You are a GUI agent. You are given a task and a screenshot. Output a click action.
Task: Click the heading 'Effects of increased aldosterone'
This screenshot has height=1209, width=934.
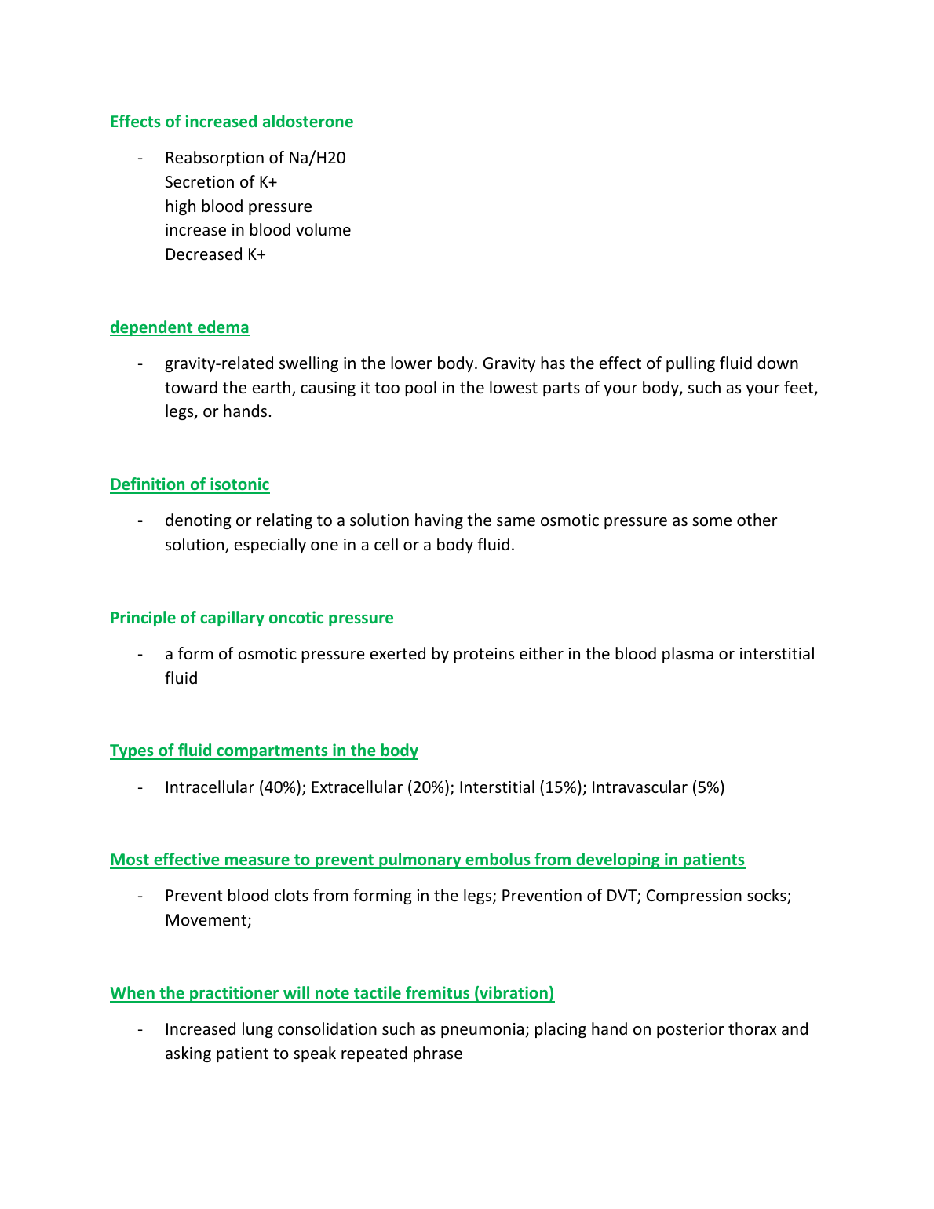232,122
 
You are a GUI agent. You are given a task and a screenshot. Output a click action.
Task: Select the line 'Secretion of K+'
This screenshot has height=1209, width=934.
221,182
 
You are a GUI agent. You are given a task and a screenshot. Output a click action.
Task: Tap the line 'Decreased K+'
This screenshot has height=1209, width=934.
215,254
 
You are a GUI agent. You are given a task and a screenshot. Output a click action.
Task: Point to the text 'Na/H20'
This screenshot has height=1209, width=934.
317,158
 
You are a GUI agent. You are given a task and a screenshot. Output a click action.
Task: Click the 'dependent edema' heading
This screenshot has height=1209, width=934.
179,327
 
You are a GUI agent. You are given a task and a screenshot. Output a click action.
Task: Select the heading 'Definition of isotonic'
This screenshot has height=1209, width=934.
189,484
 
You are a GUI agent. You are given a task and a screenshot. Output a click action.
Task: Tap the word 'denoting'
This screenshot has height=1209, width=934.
196,520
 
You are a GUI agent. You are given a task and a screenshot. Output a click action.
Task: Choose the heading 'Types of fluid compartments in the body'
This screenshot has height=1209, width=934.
264,751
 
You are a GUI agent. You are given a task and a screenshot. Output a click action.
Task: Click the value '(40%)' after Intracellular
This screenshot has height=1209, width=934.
282,787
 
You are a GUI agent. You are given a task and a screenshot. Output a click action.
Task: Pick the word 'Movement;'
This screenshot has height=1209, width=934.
208,920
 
